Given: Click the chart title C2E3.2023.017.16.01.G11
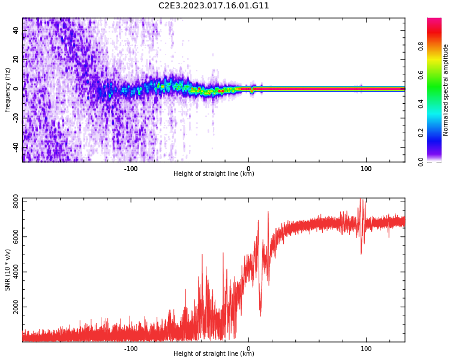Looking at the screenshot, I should click(x=214, y=6).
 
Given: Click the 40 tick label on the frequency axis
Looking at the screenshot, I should click(x=16, y=30).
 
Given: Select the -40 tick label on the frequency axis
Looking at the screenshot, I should click(x=16, y=147).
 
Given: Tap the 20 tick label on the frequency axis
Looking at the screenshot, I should click(x=16, y=59).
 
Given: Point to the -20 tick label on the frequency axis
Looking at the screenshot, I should click(x=16, y=118).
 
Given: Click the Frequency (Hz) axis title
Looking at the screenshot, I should click(x=8, y=90).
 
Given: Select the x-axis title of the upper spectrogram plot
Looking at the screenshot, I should click(x=214, y=174).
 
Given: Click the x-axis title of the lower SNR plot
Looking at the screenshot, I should click(x=214, y=354).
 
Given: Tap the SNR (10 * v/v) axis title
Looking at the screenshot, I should click(x=8, y=270).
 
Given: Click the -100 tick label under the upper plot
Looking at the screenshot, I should click(x=131, y=169).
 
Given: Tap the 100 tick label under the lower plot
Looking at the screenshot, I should click(x=366, y=349).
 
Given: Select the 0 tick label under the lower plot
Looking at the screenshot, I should click(x=248, y=349).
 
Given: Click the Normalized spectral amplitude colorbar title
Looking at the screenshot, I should click(x=446, y=90).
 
